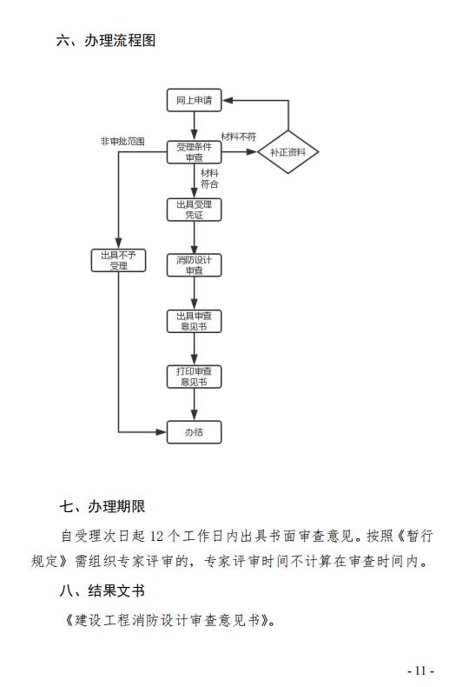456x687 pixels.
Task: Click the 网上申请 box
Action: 194,100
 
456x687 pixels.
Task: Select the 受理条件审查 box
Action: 194,152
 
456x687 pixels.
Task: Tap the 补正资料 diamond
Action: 287,152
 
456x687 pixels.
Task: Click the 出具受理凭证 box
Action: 194,210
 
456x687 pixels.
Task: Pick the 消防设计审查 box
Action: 194,265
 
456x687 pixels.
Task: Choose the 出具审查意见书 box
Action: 194,321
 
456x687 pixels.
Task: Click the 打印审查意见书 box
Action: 194,377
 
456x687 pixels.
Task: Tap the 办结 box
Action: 194,432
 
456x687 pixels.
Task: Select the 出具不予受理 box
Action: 118,261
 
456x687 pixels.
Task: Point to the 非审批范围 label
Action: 122,142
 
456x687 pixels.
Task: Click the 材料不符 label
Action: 239,137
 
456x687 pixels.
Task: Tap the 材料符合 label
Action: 209,179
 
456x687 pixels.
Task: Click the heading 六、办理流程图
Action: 106,40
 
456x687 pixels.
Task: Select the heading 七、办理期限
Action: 102,506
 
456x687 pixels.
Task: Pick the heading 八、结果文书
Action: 102,590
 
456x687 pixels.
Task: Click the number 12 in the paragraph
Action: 156,536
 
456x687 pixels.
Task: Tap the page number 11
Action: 420,670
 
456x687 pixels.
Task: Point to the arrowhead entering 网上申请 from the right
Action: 227,100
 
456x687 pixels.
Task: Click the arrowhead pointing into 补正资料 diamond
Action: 252,152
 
